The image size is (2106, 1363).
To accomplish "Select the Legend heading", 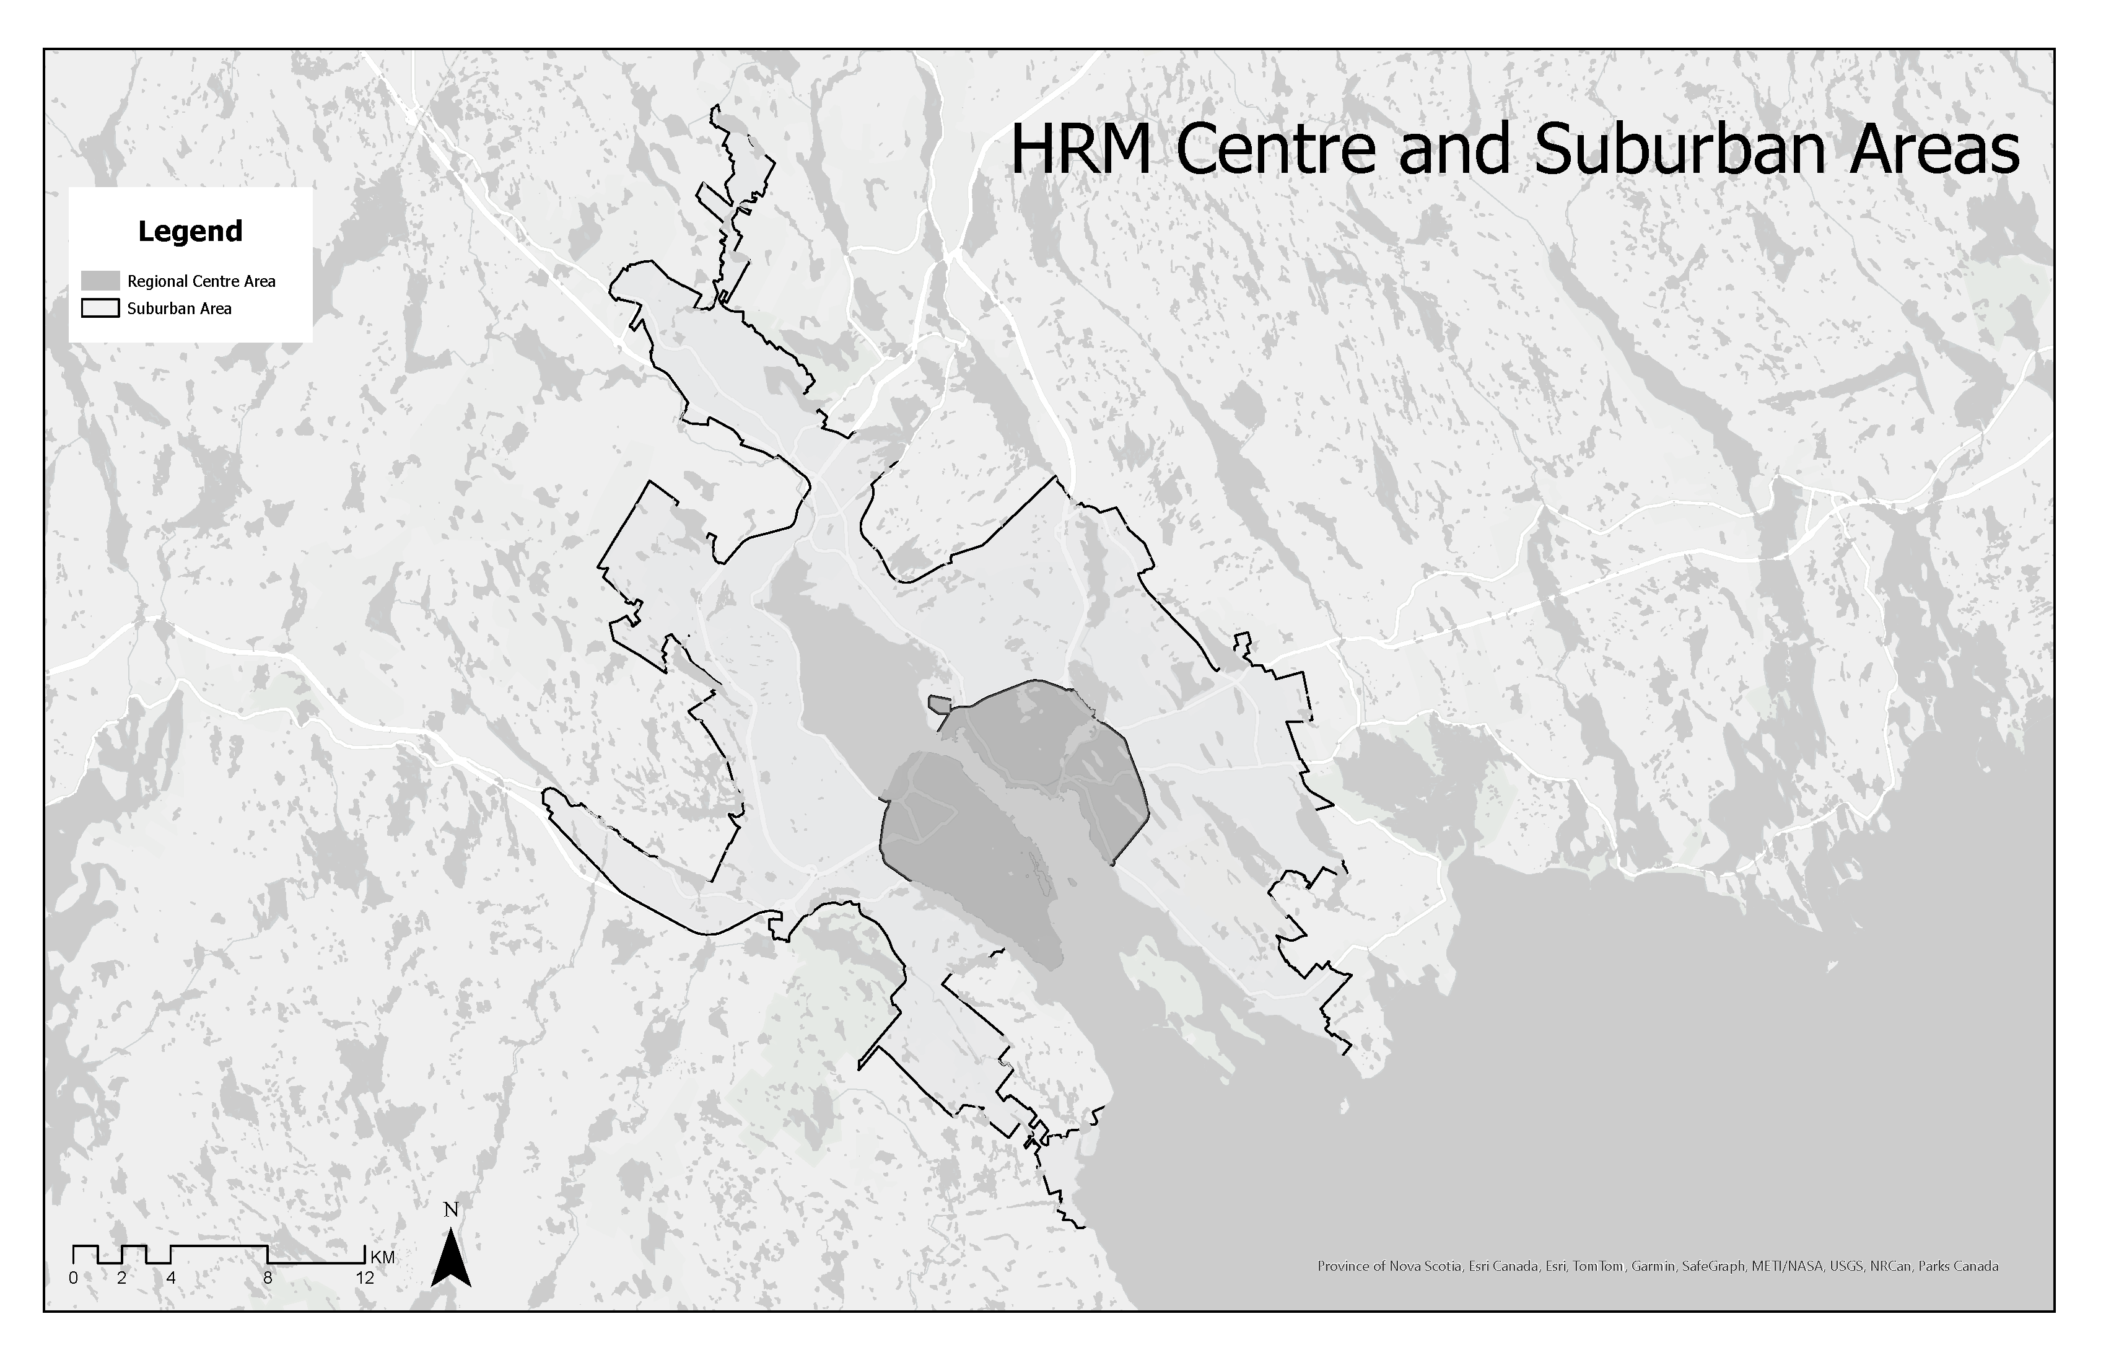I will coord(190,231).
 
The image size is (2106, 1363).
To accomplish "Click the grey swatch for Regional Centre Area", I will coord(100,281).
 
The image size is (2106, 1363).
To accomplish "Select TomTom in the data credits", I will coord(1597,1266).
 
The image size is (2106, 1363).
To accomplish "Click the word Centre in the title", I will coord(1275,151).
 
